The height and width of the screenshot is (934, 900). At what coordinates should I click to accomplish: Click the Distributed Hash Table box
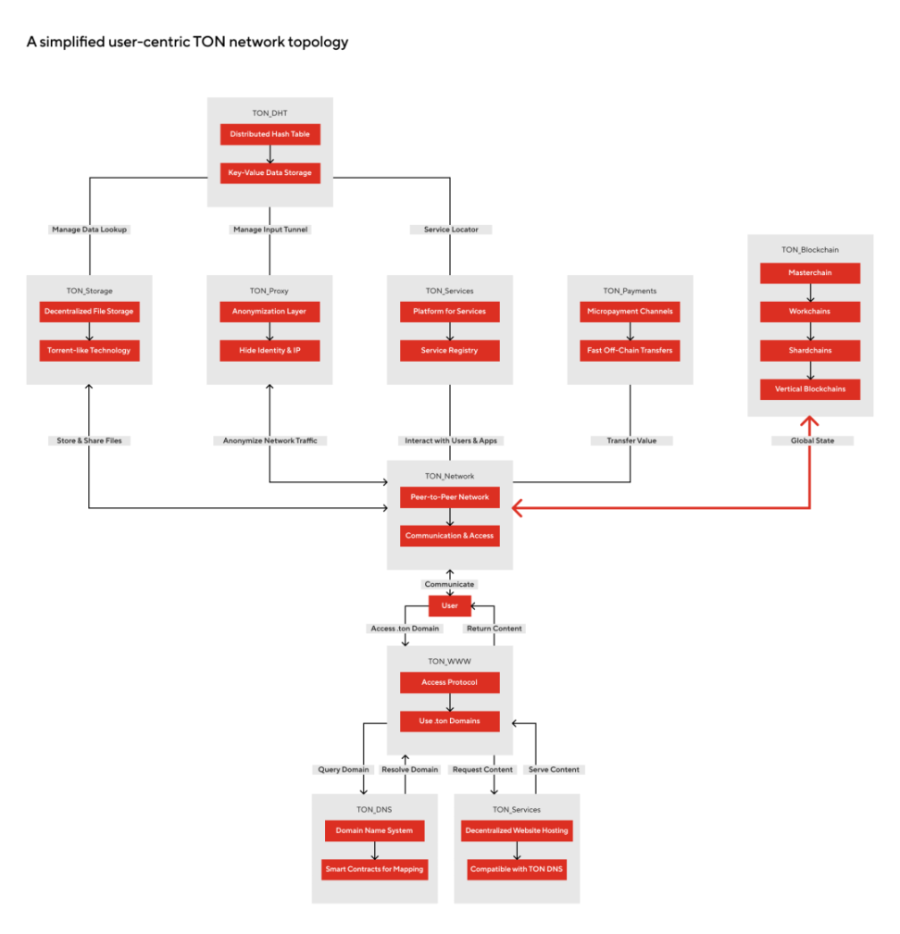pos(270,135)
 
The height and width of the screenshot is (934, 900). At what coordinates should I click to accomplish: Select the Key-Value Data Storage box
pos(270,172)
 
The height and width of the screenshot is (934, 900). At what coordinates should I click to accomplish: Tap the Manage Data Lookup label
pos(90,229)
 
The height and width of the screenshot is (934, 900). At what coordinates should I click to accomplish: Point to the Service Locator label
pos(450,229)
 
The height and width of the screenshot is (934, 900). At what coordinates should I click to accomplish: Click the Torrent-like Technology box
pos(89,351)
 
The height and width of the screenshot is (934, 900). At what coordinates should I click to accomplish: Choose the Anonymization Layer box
pos(269,312)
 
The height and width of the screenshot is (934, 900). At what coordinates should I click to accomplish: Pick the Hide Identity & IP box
pos(269,351)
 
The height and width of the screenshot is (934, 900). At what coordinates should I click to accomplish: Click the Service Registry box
pos(449,351)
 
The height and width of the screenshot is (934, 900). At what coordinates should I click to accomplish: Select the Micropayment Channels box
pos(630,312)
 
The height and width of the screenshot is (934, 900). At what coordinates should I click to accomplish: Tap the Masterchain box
pos(810,273)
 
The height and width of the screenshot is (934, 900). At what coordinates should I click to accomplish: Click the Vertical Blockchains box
pos(810,389)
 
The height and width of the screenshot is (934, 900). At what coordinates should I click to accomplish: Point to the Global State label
pos(810,441)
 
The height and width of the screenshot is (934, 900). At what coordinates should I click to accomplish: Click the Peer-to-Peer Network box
pos(449,497)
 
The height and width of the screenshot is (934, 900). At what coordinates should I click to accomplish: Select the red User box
pos(450,605)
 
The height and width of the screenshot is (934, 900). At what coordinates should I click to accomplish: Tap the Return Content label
pos(494,629)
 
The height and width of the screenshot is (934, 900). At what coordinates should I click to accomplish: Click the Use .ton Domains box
pos(449,720)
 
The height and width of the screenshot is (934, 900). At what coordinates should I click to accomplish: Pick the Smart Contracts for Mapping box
pos(375,869)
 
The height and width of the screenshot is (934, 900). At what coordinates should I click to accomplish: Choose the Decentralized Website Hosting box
pos(518,831)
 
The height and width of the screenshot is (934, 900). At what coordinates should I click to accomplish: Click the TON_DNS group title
pos(375,809)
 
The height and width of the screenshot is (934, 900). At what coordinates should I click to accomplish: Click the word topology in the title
pos(319,43)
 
